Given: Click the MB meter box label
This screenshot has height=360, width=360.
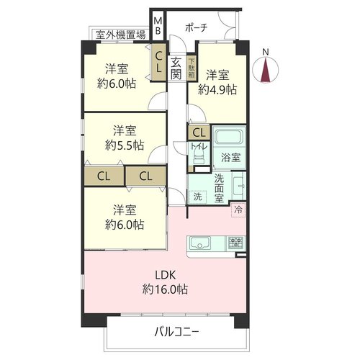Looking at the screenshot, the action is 158,26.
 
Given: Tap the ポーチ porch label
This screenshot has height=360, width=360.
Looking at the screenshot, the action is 197,28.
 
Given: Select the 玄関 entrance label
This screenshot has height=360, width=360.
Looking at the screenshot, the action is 176,69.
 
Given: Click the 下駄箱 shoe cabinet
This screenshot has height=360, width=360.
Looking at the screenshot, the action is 192,68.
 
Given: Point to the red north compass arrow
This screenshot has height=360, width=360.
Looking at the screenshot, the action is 266,71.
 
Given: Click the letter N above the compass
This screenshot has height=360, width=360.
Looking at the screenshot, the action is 266,52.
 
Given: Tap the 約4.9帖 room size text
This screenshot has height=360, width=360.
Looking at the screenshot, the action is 217,90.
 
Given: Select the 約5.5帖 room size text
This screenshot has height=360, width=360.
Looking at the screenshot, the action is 125,145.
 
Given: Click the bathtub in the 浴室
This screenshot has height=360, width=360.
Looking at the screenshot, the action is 229,137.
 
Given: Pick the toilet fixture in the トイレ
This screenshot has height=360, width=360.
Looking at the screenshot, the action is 199,156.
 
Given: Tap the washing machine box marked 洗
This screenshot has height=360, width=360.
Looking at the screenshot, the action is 197,197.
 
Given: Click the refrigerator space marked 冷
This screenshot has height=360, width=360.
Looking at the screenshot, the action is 238,210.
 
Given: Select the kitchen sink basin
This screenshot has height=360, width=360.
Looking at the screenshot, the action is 200,243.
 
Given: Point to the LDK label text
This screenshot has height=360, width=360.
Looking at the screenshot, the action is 166,275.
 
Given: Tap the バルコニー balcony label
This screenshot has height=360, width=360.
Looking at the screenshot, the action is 176,333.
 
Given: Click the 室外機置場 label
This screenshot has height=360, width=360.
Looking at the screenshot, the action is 121,35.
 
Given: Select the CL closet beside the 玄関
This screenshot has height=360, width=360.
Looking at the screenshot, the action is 158,62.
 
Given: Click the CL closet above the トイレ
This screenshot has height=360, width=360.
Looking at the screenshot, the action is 199,132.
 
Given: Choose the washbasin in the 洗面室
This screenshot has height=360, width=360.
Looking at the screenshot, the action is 238,186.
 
